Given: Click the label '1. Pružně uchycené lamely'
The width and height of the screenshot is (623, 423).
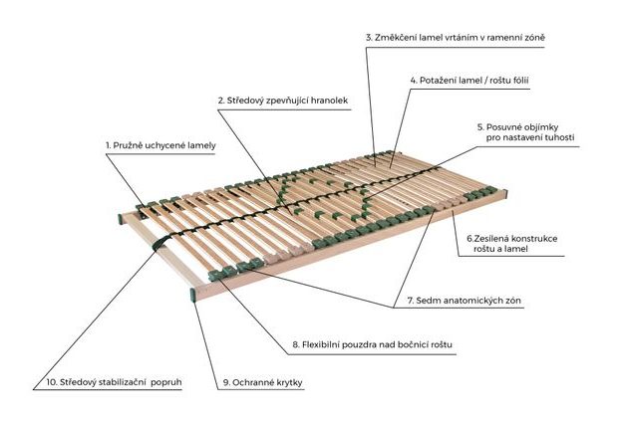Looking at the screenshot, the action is tap(160, 145).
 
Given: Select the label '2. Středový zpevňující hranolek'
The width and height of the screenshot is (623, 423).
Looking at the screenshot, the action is tap(283, 101).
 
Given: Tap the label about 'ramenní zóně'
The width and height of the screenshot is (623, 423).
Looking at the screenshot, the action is tap(456, 37).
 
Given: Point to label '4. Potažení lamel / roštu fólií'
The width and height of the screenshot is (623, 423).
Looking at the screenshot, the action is tap(469, 81).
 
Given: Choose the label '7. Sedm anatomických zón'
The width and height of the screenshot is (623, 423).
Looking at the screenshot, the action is tap(465, 301).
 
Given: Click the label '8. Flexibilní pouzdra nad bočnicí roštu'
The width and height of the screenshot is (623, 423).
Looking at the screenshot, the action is tap(372, 344).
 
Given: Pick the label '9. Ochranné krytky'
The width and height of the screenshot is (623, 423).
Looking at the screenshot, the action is tap(262, 382).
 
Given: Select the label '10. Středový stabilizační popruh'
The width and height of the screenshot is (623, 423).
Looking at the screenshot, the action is tap(114, 382).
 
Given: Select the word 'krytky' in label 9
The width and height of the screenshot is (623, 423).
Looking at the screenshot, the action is tap(288, 383).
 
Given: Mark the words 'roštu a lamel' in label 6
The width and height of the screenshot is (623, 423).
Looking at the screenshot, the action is tap(500, 249).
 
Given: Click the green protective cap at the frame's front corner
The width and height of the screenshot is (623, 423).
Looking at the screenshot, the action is tap(193, 296).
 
